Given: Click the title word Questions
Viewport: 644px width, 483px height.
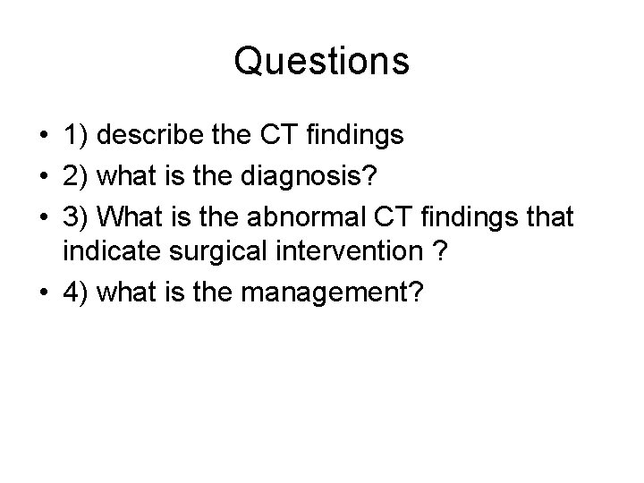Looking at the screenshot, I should [x=322, y=61].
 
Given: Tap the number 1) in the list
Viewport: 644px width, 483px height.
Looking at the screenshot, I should [x=76, y=135].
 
